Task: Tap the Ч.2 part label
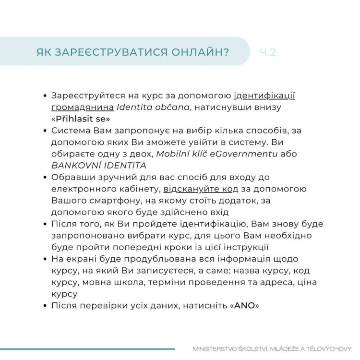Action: pos(267,52)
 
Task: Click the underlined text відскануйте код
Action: pos(198,189)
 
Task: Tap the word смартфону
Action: pos(114,200)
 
